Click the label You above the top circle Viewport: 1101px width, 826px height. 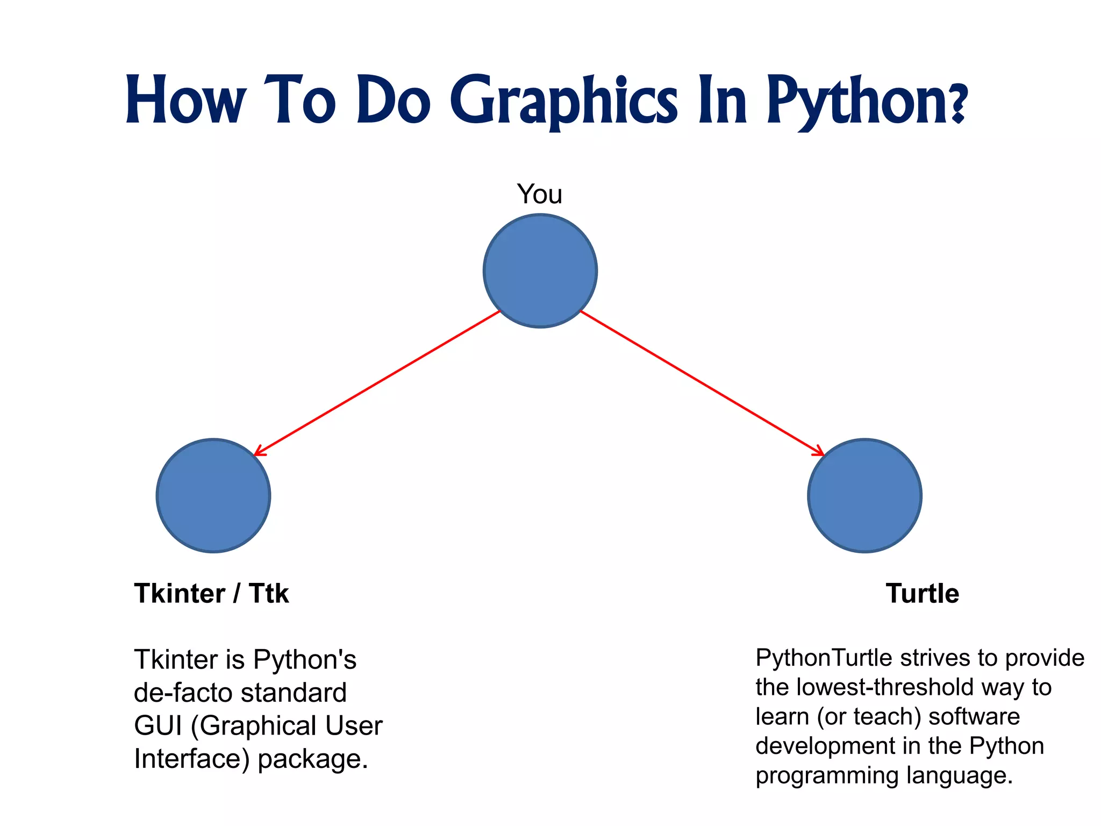540,194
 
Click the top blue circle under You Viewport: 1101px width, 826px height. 540,270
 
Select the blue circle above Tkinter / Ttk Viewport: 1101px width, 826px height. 213,495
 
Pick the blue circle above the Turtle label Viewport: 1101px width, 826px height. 864,495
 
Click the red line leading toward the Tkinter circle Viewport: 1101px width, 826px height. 376,383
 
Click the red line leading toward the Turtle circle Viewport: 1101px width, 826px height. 702,383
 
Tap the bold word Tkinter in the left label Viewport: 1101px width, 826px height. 180,594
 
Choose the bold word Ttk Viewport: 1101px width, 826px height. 269,594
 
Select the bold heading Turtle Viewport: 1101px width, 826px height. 922,594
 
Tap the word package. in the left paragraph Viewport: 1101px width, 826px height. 313,759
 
